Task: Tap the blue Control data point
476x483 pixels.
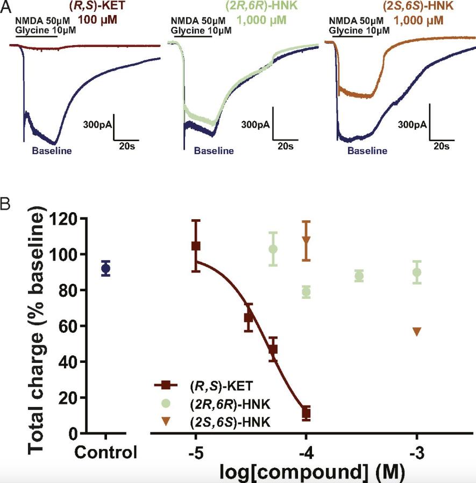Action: [106, 268]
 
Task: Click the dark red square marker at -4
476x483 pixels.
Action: [306, 414]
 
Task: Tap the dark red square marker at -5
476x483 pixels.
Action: [196, 246]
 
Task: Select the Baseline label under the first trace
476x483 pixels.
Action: [52, 151]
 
